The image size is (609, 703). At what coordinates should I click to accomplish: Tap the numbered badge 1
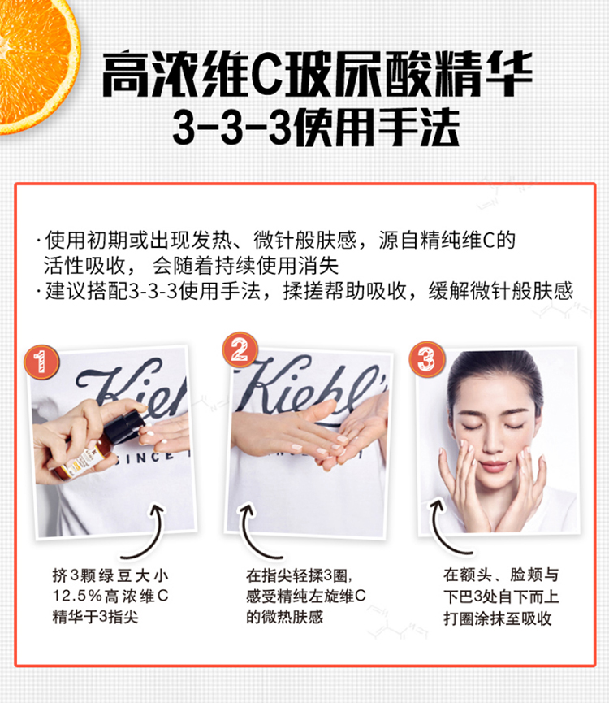tap(41, 362)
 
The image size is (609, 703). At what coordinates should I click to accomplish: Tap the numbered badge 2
tap(240, 349)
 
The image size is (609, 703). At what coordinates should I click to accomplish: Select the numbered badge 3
tap(427, 358)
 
